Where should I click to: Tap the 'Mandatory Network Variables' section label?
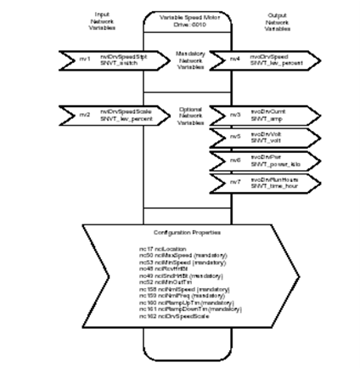[x=179, y=59]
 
